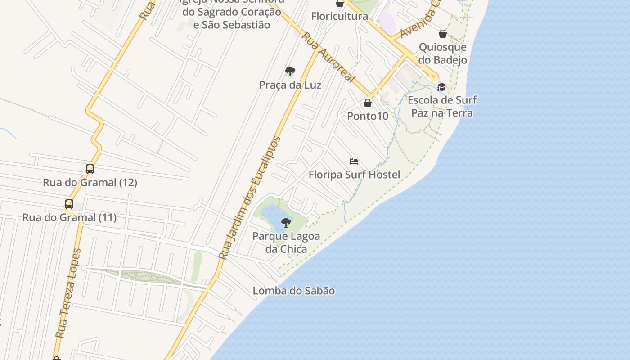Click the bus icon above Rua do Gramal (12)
click(90, 169)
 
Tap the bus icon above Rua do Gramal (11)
click(69, 204)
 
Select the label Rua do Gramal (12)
click(90, 183)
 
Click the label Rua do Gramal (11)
click(69, 218)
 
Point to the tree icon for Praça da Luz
click(290, 71)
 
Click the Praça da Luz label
click(290, 85)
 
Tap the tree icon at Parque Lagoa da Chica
click(286, 222)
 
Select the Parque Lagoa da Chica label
click(286, 243)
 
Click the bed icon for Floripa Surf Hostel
click(354, 162)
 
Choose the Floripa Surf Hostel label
click(354, 175)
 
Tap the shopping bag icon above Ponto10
click(368, 103)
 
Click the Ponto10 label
click(368, 116)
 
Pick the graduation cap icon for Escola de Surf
click(442, 87)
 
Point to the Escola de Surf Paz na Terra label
click(442, 106)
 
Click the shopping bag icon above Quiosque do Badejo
click(443, 34)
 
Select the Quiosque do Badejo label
click(443, 54)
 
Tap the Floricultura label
click(340, 17)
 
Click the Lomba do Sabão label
click(294, 291)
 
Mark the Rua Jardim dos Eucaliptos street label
click(250, 198)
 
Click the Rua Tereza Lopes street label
click(68, 293)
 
